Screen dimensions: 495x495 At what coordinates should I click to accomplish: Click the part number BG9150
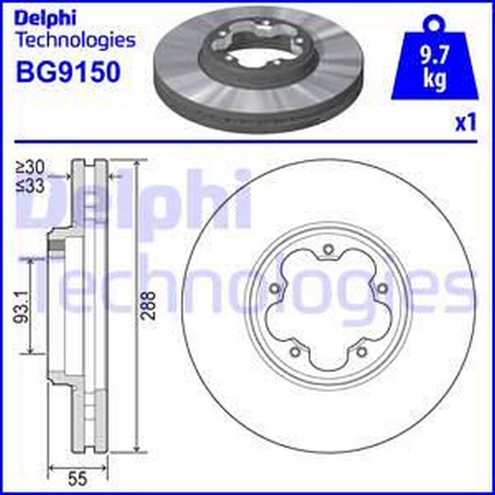(x=68, y=72)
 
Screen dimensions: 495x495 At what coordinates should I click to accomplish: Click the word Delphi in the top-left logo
(x=46, y=19)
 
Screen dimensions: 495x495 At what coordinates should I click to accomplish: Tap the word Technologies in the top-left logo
(x=76, y=41)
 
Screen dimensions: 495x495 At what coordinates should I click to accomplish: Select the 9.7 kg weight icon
(x=435, y=58)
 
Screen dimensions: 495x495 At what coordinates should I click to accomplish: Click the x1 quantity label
(x=465, y=123)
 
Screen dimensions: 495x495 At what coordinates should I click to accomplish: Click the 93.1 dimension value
(x=20, y=306)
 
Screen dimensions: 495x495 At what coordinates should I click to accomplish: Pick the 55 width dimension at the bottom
(x=78, y=479)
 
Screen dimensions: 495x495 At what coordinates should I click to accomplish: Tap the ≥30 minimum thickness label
(x=30, y=167)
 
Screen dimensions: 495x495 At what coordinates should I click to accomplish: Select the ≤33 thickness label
(x=30, y=186)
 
